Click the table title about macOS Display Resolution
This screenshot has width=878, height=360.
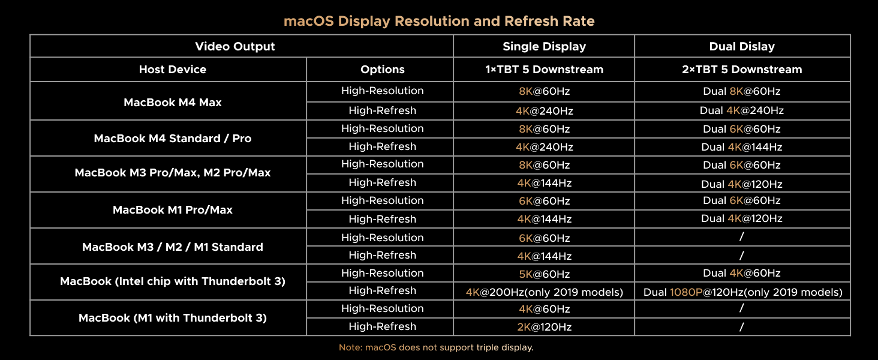(x=439, y=22)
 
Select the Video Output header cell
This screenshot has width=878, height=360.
(x=235, y=46)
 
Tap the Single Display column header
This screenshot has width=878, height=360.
(x=544, y=46)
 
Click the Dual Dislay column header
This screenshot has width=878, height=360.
(x=742, y=46)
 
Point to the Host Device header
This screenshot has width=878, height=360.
(x=173, y=70)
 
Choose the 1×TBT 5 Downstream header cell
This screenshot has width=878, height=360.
(x=544, y=70)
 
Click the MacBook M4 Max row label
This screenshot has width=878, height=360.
(x=173, y=103)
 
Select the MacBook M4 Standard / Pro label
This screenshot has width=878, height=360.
(x=173, y=139)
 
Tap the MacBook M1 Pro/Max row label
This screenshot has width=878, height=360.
(x=173, y=210)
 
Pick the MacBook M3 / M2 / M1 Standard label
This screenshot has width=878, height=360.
(x=173, y=247)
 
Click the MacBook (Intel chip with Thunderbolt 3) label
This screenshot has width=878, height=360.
(x=173, y=281)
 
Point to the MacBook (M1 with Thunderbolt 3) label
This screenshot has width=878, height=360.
(x=173, y=318)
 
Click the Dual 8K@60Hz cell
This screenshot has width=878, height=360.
(x=742, y=92)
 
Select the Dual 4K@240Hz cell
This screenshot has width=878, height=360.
(x=742, y=111)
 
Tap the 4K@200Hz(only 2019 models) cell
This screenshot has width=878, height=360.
(x=544, y=292)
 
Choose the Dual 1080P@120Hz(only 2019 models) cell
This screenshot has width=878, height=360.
(x=742, y=292)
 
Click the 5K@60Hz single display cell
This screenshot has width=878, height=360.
(x=544, y=274)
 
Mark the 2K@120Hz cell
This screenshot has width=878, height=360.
(x=544, y=328)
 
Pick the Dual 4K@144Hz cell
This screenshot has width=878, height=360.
(x=742, y=147)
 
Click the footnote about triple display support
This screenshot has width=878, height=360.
(x=436, y=347)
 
